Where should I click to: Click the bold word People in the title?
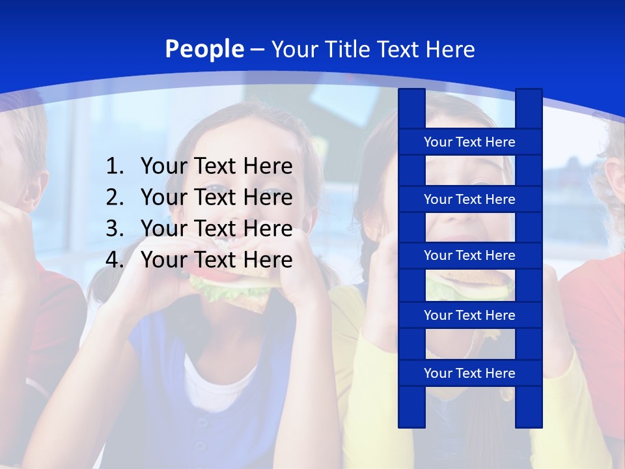tap(204, 49)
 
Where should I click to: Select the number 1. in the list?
tap(115, 167)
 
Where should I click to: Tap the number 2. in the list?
tap(115, 197)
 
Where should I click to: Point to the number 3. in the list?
tap(115, 229)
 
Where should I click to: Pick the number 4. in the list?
tap(115, 260)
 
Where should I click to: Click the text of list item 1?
tap(216, 167)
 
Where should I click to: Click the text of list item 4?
tap(216, 260)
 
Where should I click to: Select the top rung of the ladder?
tap(469, 142)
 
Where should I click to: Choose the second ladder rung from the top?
tap(469, 199)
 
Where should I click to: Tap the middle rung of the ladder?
tap(469, 255)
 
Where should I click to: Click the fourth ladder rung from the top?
tap(469, 315)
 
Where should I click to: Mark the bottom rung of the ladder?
tap(469, 373)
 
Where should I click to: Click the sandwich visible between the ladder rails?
tap(470, 284)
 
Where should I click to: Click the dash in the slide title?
tap(257, 50)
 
